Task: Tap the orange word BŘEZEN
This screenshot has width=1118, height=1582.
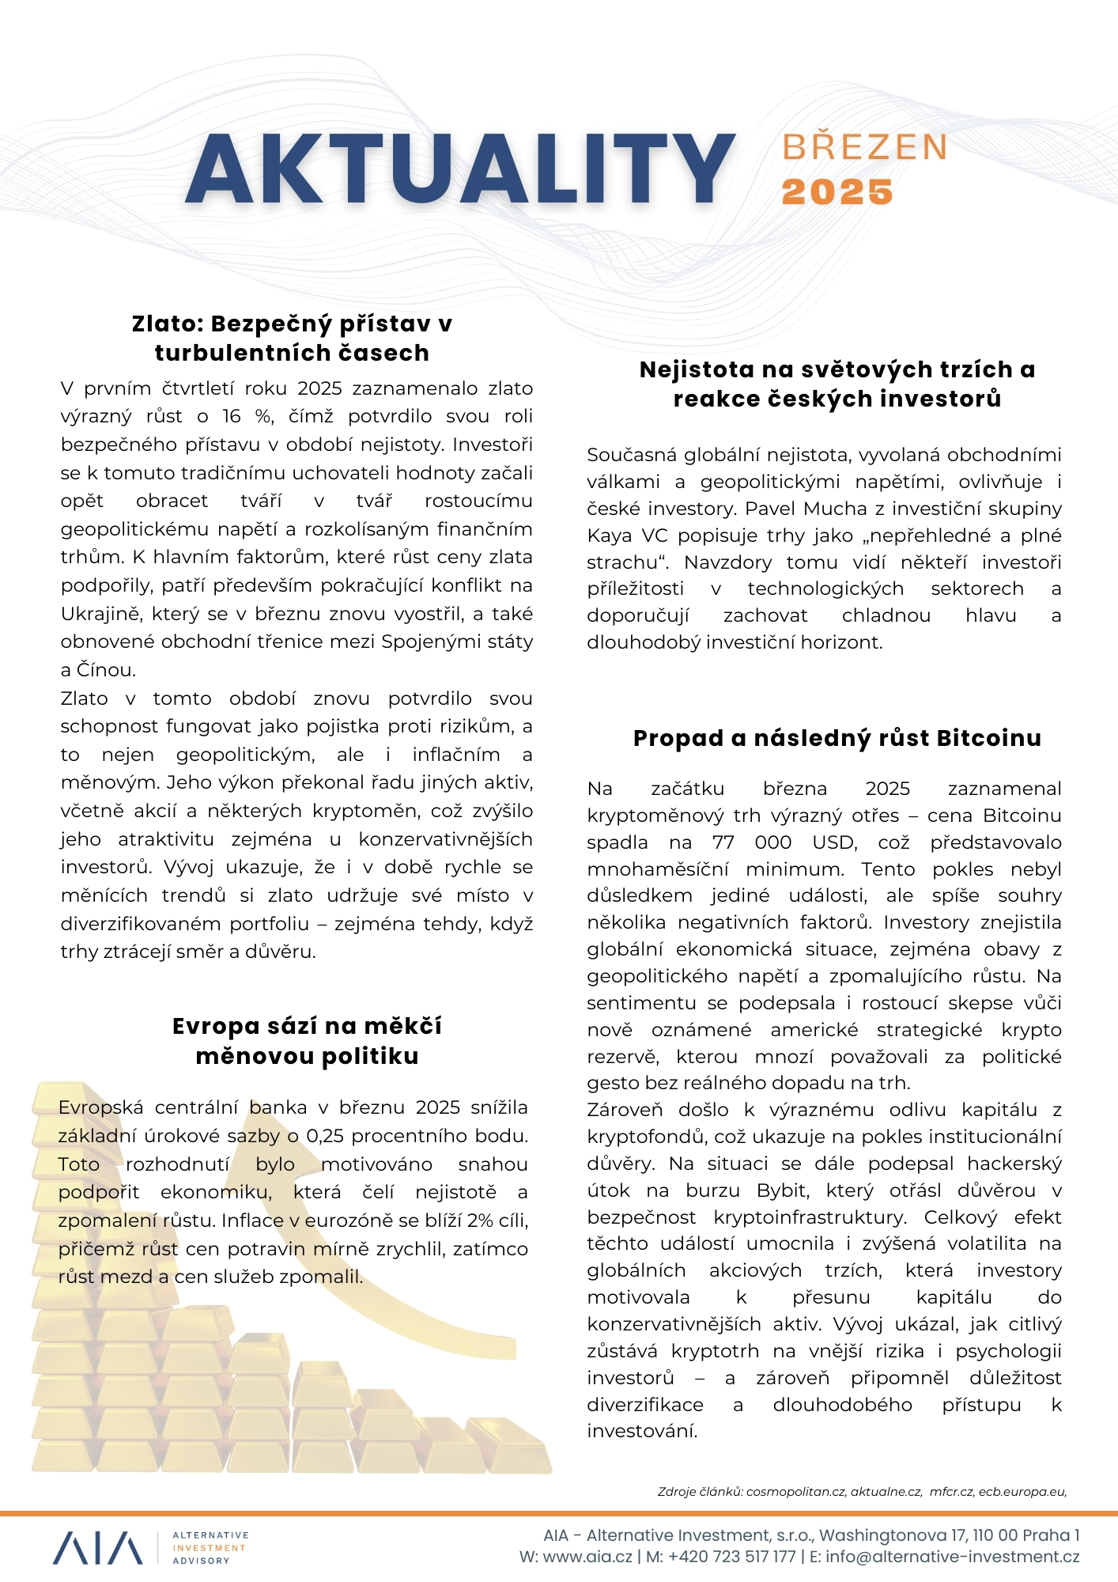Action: point(864,148)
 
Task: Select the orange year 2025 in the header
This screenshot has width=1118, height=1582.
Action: point(837,192)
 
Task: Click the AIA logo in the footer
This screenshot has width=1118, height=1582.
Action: point(98,1548)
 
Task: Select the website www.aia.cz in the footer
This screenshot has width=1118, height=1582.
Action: point(587,1557)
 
